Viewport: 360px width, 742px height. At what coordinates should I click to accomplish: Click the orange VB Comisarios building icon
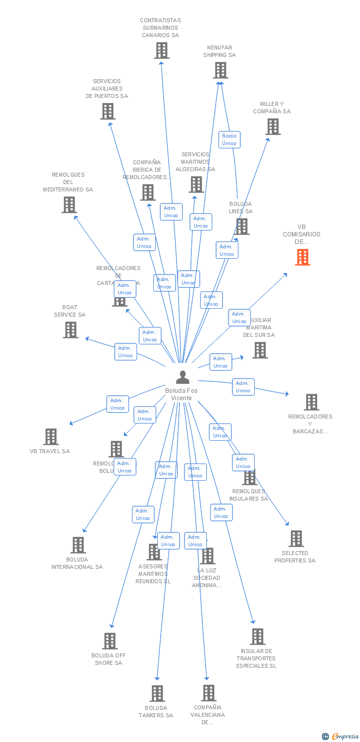[x=303, y=257]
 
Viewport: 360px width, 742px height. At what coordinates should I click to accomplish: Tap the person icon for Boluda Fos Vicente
[x=182, y=377]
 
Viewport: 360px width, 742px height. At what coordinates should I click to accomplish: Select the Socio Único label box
[x=229, y=139]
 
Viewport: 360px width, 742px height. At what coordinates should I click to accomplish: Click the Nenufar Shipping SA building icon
[x=221, y=70]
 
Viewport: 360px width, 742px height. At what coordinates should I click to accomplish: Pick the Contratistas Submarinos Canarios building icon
[x=161, y=50]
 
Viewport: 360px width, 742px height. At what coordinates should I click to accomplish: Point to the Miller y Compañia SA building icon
[x=272, y=127]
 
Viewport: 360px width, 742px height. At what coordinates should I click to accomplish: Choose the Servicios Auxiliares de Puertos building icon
[x=108, y=111]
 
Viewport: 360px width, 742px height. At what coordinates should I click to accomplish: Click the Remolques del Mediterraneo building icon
[x=69, y=204]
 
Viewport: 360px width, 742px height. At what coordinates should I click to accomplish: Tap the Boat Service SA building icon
[x=71, y=330]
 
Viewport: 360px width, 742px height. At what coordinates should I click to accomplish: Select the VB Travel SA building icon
[x=51, y=437]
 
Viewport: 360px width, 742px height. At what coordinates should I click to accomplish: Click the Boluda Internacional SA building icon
[x=78, y=545]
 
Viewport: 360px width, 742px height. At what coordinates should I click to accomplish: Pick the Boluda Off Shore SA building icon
[x=110, y=641]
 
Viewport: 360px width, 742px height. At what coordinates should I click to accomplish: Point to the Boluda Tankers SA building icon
[x=157, y=694]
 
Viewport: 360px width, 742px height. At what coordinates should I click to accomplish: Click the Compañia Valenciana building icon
[x=208, y=693]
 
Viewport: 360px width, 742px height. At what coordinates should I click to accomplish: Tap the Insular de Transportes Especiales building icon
[x=258, y=637]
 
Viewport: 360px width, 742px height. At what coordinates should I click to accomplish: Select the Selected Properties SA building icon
[x=296, y=539]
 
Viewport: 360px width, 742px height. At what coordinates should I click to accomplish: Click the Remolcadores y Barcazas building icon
[x=311, y=402]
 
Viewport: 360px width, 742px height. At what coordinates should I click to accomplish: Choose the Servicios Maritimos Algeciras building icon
[x=196, y=185]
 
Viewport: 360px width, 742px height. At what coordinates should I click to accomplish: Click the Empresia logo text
[x=345, y=736]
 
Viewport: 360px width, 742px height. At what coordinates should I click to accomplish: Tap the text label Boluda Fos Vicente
[x=181, y=394]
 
